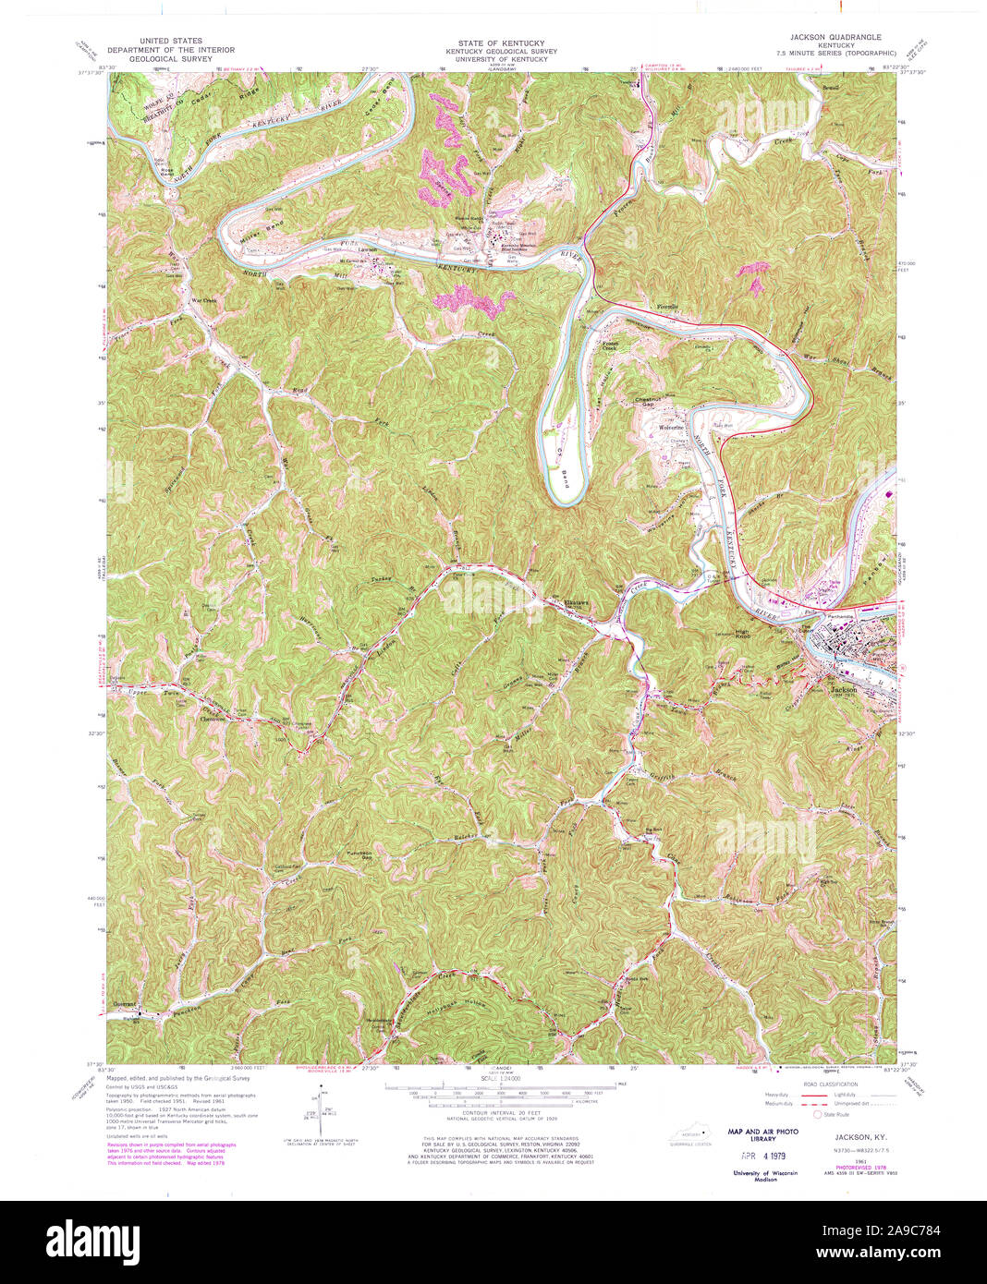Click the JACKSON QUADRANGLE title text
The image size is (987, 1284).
pyautogui.click(x=835, y=37)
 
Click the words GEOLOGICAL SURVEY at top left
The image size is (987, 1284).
pyautogui.click(x=171, y=58)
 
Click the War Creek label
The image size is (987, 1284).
pyautogui.click(x=203, y=300)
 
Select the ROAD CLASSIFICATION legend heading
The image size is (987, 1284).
pyautogui.click(x=830, y=1084)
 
